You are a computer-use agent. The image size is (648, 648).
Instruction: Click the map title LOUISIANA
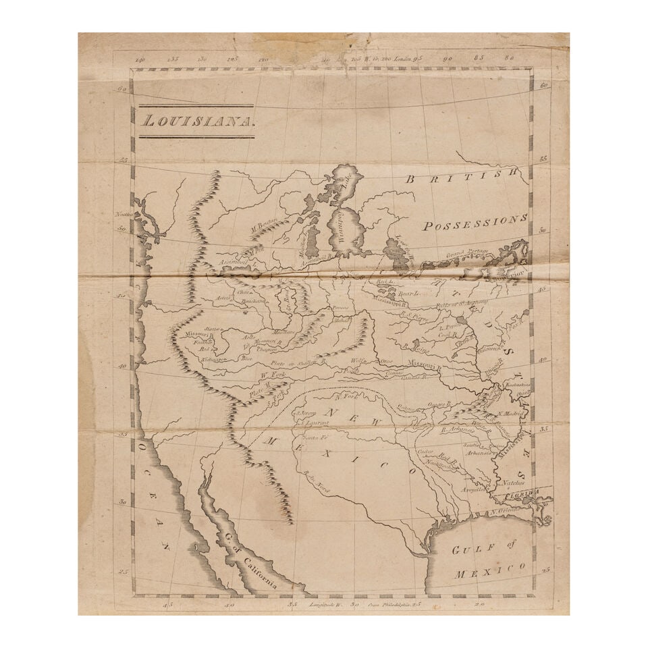[x=196, y=122]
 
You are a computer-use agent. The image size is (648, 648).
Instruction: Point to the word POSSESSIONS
[x=475, y=223]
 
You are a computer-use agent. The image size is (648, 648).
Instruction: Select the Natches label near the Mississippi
[x=514, y=483]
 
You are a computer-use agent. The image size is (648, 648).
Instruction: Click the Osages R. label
[x=439, y=404]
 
